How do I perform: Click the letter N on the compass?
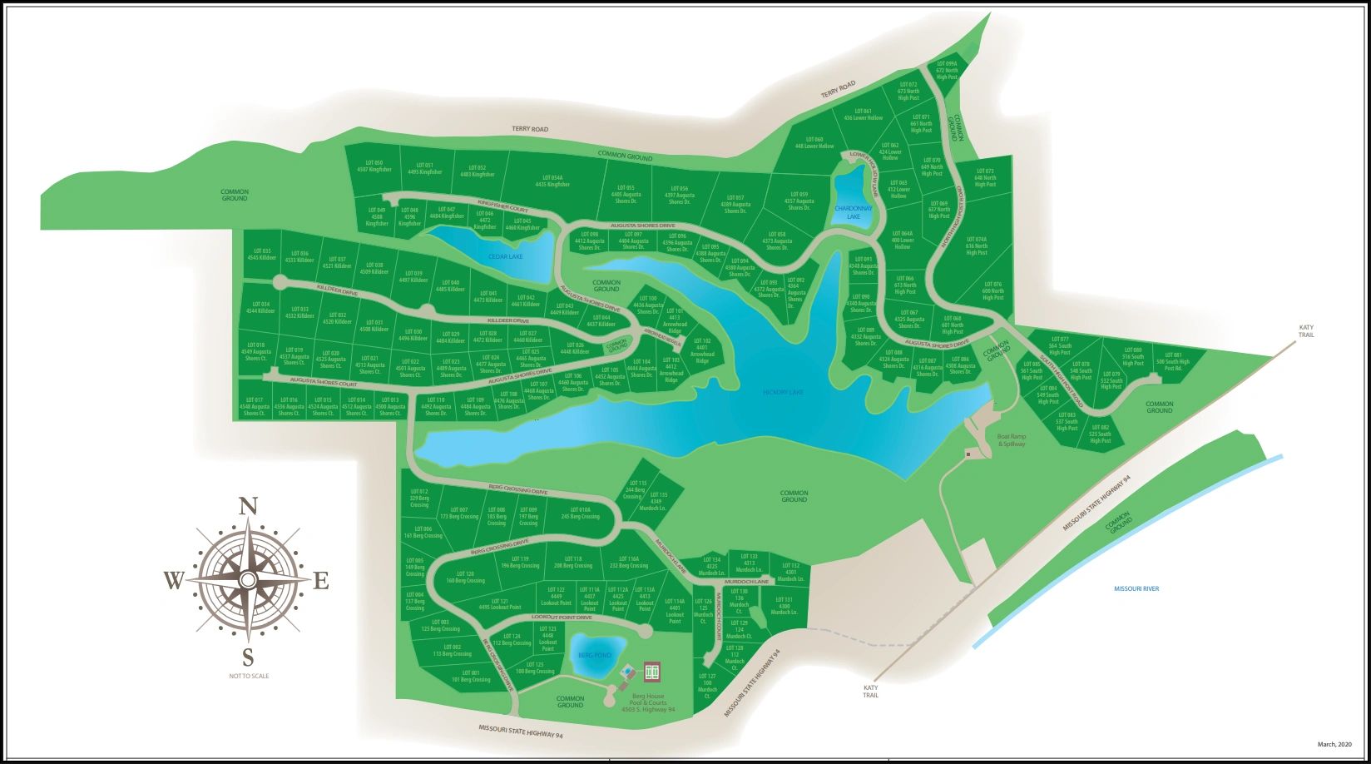click(x=247, y=507)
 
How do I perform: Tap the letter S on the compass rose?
click(x=247, y=655)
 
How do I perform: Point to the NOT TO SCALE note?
click(x=249, y=676)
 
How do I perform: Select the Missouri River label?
click(x=1136, y=589)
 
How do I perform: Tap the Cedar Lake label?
click(x=506, y=257)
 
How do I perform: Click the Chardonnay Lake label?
click(x=854, y=212)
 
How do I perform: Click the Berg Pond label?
click(x=595, y=656)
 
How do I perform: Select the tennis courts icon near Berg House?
click(x=651, y=670)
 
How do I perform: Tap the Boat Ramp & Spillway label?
click(x=1011, y=440)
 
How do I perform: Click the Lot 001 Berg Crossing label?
click(x=471, y=676)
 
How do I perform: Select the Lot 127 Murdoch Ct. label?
click(x=707, y=687)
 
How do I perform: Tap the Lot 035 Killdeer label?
click(x=260, y=254)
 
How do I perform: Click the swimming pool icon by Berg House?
click(x=627, y=672)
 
